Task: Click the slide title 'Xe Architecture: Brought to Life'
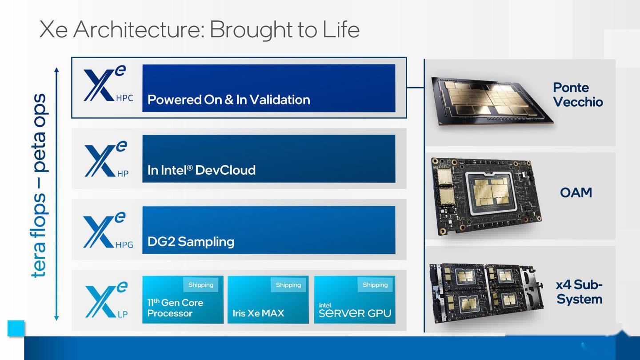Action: pos(199,30)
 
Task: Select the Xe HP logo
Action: pos(107,159)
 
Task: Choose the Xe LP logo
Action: pos(107,300)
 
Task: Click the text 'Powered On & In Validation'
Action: pos(228,100)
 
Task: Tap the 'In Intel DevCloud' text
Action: pos(201,170)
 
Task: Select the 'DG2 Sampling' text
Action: pos(191,242)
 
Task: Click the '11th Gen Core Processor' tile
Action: pos(183,300)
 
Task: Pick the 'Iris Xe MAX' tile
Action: pos(268,300)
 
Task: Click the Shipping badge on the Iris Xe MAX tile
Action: pos(288,285)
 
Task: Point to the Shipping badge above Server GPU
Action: pos(375,285)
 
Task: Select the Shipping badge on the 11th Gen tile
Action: pos(201,285)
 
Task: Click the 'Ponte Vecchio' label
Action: pos(578,95)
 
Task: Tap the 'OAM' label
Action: pos(576,192)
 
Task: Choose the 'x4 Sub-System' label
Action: pos(580,292)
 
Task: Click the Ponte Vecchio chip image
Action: pos(492,101)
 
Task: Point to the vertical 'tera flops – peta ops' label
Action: pos(39,186)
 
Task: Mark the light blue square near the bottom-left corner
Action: pos(16,328)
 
